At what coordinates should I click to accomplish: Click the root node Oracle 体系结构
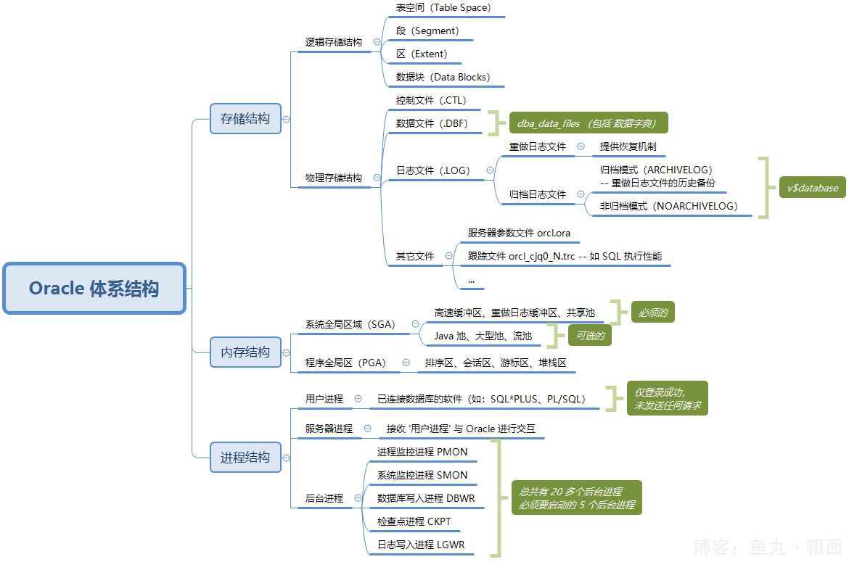pos(94,289)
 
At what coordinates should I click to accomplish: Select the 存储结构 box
pos(245,118)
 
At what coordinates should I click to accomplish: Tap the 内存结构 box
pos(245,352)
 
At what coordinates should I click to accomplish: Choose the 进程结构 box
pos(245,458)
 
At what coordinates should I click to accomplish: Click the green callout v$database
pos(812,188)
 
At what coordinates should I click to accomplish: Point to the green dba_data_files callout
pos(588,123)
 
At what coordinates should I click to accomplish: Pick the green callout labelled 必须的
pos(653,313)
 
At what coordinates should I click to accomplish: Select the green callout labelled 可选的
pos(590,336)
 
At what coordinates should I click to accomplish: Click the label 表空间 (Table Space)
pos(443,8)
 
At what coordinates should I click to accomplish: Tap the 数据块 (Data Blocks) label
pos(443,77)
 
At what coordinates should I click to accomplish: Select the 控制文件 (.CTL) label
pos(431,100)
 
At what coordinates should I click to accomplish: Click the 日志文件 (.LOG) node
pos(433,170)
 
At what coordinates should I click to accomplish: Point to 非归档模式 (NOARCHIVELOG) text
pos(668,206)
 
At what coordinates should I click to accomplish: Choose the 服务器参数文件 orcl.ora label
pos(519,233)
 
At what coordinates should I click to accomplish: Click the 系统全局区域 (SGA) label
pos(350,324)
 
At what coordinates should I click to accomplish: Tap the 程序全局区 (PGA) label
pos(345,362)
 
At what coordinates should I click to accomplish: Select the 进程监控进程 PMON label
pos(422,452)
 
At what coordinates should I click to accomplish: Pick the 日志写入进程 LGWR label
pos(421,545)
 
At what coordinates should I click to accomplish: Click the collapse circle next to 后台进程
pos(358,498)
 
